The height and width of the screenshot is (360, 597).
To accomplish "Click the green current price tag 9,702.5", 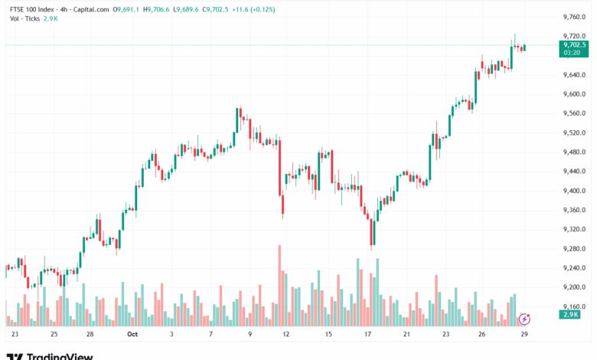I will [574, 45].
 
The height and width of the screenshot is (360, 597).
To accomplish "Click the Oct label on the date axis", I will [132, 334].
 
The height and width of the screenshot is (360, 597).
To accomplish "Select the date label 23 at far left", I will [15, 334].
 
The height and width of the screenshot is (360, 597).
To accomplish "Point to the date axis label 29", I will [524, 334].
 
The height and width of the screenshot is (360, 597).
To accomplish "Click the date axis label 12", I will [286, 334].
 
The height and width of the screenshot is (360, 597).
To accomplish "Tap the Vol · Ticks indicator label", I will [23, 19].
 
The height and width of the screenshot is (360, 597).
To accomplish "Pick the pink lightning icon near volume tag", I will [524, 318].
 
